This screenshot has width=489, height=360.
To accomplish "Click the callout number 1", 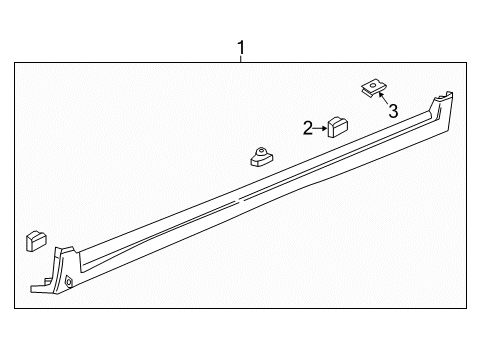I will click(240, 46).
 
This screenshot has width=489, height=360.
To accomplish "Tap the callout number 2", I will click(309, 126).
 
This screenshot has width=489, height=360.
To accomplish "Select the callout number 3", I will click(394, 111).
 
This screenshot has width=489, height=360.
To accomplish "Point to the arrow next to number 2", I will click(323, 126).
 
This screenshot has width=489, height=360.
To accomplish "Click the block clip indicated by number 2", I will click(337, 126).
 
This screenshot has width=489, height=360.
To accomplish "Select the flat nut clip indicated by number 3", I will click(370, 90).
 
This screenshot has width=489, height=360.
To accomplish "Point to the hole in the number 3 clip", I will click(370, 89).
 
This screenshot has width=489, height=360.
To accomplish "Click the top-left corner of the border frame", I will click(14, 62).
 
